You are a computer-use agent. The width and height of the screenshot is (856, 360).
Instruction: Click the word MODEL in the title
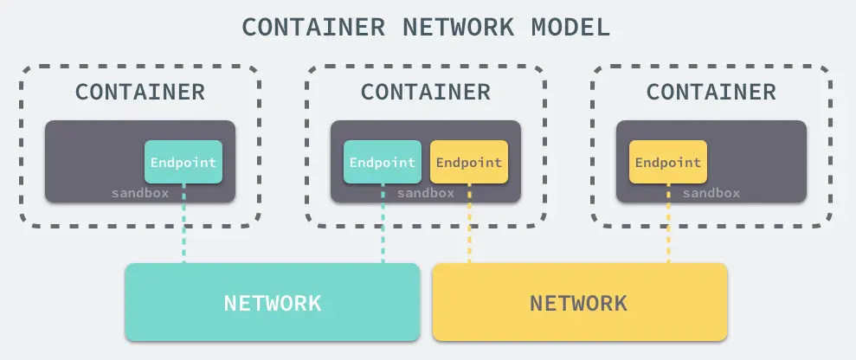tap(568, 27)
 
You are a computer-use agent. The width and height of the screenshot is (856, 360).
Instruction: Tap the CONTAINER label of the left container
tap(140, 92)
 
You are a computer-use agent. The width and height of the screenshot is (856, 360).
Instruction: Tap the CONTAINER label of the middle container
tap(426, 92)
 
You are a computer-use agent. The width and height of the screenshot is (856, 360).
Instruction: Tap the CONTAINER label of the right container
tap(711, 92)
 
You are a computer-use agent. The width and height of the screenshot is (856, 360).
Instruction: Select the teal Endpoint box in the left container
tap(183, 162)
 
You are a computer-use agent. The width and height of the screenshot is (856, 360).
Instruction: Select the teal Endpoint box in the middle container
tap(383, 162)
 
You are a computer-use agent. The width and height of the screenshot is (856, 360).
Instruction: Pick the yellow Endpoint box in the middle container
tap(469, 162)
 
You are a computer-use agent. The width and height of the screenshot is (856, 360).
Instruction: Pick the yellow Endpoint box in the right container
tap(668, 162)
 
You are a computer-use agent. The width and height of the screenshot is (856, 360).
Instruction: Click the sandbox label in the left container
tap(140, 193)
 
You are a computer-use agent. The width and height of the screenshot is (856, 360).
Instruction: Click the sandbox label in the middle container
tap(426, 193)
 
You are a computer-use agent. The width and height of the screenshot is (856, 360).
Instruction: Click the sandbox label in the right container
tap(711, 193)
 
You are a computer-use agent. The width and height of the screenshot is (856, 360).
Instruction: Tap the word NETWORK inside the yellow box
tap(578, 303)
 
